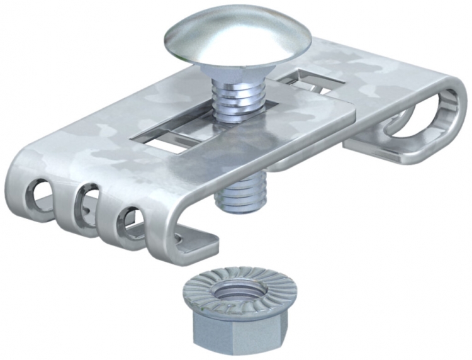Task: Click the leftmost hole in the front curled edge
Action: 39,192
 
